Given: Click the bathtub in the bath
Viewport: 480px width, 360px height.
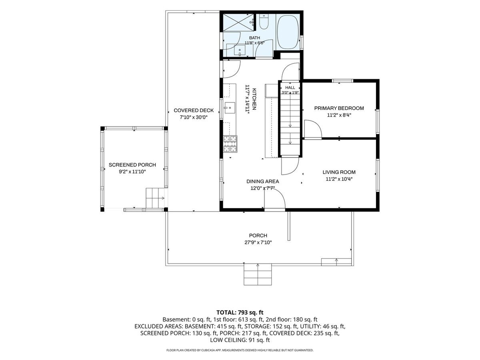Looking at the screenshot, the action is coord(287,32).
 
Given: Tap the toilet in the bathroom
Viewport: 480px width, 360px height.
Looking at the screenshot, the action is coord(264,22).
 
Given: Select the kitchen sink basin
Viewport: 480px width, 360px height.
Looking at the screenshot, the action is coord(229,108).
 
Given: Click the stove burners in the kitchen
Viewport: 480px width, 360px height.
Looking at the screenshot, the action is coord(230,144).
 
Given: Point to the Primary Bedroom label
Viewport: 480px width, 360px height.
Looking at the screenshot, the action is coord(339,108).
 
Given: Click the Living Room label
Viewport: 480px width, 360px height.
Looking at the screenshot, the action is coord(339,172).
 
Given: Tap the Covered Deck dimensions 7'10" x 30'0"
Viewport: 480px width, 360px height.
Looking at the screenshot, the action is coord(193,117).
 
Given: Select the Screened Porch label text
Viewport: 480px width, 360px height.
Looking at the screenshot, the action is coord(132,165).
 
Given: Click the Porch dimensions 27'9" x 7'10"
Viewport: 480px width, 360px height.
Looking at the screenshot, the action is coord(258,242).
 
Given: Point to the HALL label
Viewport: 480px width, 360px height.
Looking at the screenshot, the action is coord(290,88).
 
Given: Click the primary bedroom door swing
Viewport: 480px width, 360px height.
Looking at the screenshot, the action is coord(313,129).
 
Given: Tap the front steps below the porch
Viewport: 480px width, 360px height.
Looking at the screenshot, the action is coord(258,274).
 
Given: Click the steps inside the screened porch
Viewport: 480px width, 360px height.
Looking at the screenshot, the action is coord(155,198).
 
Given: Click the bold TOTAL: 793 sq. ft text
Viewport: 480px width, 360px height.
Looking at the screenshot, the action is coord(240,312).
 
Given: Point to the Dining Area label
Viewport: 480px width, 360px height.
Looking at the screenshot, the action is coord(262,181).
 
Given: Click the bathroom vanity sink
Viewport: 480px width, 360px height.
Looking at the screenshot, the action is coord(240,50).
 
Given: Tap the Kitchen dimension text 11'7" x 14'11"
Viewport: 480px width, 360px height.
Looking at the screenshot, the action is coord(247,99).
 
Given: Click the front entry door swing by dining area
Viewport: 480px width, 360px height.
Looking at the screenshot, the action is coord(275,198).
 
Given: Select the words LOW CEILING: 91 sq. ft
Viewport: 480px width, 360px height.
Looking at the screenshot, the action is coord(240,340).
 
